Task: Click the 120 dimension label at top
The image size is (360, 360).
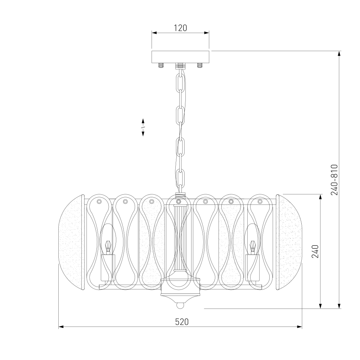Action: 180,28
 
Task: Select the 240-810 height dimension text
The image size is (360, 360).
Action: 334,180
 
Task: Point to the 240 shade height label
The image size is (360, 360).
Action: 315,251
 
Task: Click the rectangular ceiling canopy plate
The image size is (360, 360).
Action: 180,57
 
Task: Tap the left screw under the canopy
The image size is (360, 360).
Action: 161,66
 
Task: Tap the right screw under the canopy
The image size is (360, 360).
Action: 200,66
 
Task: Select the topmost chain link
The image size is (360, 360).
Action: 180,82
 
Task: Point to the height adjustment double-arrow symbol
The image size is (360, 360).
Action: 143,127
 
